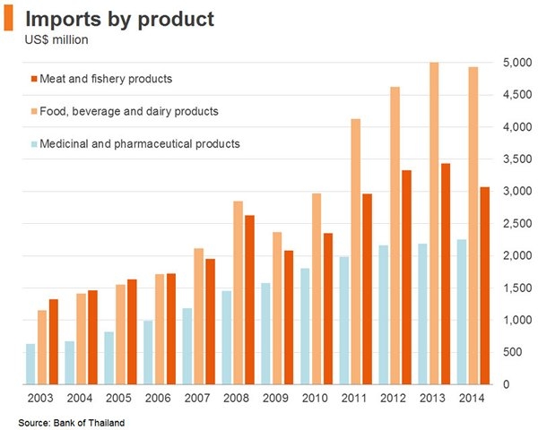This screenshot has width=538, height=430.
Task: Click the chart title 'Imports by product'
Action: (118, 19)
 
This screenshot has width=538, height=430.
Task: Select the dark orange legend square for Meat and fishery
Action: (33, 79)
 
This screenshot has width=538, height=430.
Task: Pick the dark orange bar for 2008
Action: (249, 299)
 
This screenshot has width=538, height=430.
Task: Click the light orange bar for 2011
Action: (356, 251)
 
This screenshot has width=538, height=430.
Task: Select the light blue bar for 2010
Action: (305, 326)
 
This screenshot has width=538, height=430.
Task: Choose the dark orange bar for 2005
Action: (132, 331)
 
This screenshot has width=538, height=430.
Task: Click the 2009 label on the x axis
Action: (275, 398)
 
